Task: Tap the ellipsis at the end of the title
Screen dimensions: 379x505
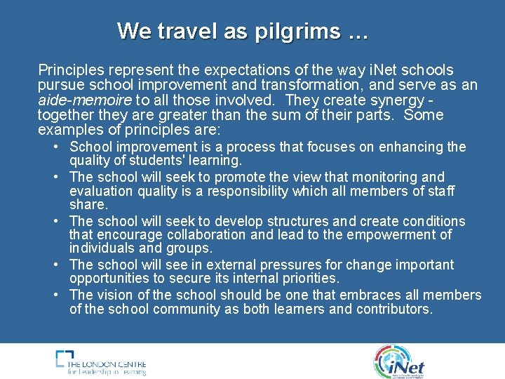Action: point(356,32)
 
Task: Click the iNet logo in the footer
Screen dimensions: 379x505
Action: point(399,361)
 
